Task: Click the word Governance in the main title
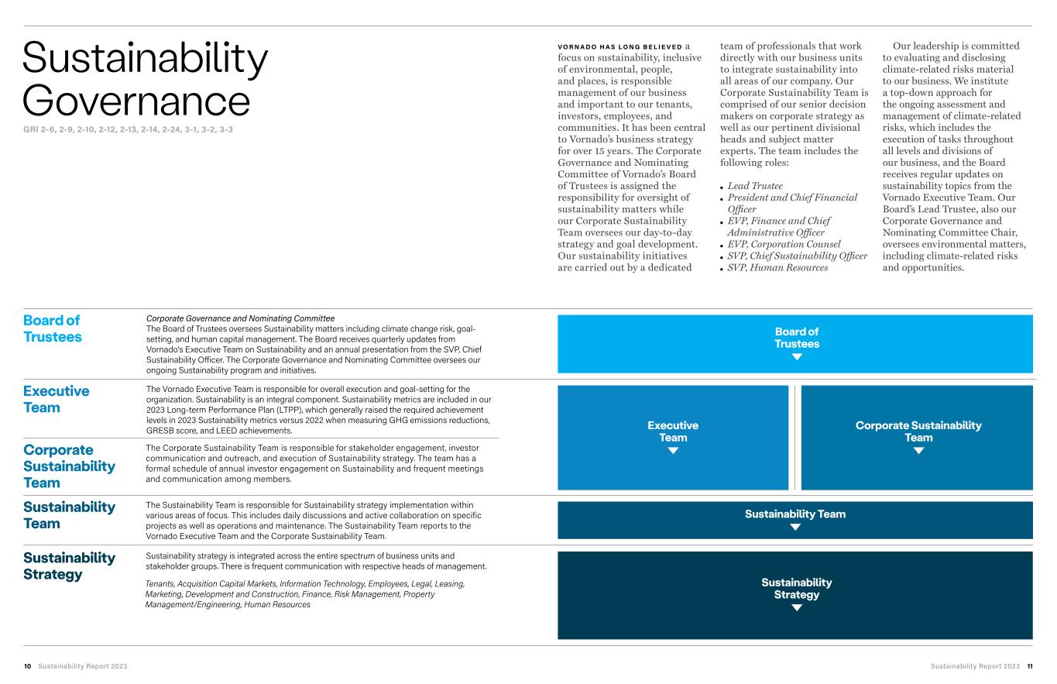(136, 101)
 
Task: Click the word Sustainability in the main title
(146, 57)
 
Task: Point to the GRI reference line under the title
(128, 129)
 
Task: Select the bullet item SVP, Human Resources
(777, 267)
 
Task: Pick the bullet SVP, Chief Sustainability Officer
(798, 256)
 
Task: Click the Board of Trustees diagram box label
(796, 338)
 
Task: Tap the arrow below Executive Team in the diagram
(673, 451)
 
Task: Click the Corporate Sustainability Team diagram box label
(918, 431)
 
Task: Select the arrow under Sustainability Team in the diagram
(795, 528)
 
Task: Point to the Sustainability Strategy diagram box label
(796, 588)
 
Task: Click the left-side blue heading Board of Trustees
(52, 328)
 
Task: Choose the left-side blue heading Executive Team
(56, 399)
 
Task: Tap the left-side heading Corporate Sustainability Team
(69, 466)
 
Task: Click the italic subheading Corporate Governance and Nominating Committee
(240, 318)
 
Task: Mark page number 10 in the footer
(27, 666)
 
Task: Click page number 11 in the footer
(1029, 666)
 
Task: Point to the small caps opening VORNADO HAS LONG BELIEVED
(619, 46)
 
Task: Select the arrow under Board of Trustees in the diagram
(796, 357)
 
